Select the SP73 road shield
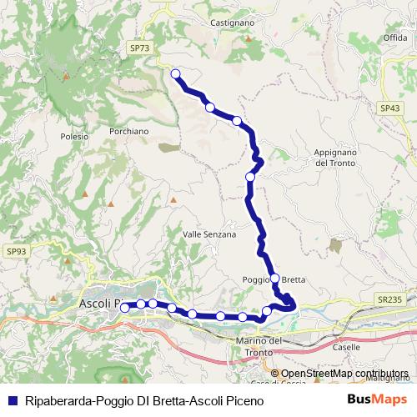[x=140, y=49]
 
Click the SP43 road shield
[x=389, y=108]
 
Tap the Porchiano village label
[x=128, y=131]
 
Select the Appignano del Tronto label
[x=336, y=158]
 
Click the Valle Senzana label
[x=209, y=235]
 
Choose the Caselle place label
[x=345, y=346]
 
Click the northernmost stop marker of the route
[x=176, y=74]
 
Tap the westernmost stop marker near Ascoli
[x=125, y=307]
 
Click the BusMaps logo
[x=378, y=400]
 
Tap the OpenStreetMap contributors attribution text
[x=344, y=374]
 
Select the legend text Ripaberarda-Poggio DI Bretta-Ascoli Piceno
[x=144, y=400]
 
